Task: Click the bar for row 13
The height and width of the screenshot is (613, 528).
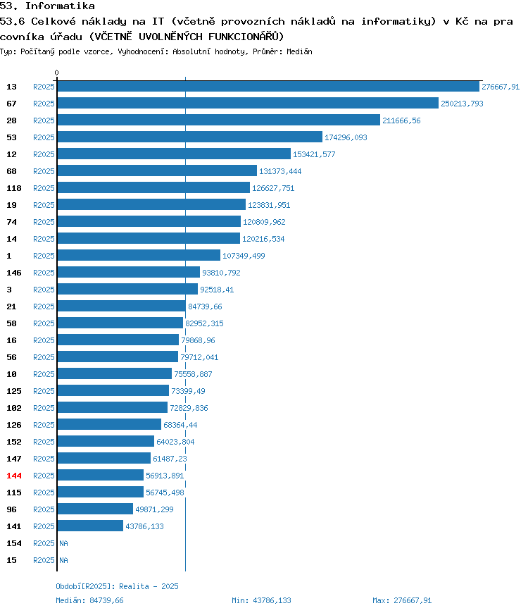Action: click(268, 87)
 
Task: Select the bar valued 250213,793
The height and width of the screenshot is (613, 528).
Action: click(248, 103)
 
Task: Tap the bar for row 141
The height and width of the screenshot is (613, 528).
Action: click(90, 526)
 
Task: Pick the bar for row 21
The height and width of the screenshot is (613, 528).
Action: click(122, 306)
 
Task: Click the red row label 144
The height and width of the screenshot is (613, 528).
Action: click(14, 476)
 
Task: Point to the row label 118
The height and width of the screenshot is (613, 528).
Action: click(14, 188)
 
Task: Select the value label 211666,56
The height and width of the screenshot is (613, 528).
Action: click(401, 120)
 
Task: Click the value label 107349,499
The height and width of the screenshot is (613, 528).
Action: click(244, 256)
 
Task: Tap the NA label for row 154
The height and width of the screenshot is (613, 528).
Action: click(63, 543)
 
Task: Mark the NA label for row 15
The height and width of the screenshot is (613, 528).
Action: click(63, 560)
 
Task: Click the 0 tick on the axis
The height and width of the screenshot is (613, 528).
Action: click(56, 73)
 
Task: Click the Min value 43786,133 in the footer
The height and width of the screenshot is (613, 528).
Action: click(272, 600)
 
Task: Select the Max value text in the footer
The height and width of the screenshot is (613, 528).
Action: click(402, 600)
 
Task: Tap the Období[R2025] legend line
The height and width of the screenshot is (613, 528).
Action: click(117, 586)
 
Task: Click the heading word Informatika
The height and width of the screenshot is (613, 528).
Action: click(60, 6)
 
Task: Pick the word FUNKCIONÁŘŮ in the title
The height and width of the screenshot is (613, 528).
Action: click(242, 37)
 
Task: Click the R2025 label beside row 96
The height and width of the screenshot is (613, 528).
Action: click(44, 509)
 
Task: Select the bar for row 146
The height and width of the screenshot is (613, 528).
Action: click(129, 272)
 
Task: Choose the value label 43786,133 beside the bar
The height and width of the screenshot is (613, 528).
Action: click(144, 526)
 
